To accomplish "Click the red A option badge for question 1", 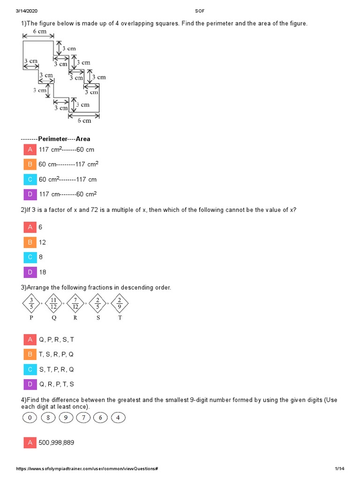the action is (x=30, y=150).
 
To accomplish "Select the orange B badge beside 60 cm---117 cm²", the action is (x=30, y=165).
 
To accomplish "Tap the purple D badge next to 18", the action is (x=30, y=272).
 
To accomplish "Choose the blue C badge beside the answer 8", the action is (x=30, y=257).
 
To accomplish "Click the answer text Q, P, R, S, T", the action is (x=56, y=339).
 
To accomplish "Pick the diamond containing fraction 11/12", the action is (x=54, y=304).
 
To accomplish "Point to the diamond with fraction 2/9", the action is (x=120, y=304).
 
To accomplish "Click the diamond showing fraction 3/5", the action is (x=31, y=304).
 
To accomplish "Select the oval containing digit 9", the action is (x=65, y=417).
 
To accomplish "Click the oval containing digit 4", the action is (x=118, y=417).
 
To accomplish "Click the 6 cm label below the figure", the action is (x=84, y=120).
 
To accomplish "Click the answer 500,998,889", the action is (x=56, y=442).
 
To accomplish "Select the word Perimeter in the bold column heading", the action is (x=52, y=139).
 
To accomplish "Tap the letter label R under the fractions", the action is (x=75, y=317).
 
